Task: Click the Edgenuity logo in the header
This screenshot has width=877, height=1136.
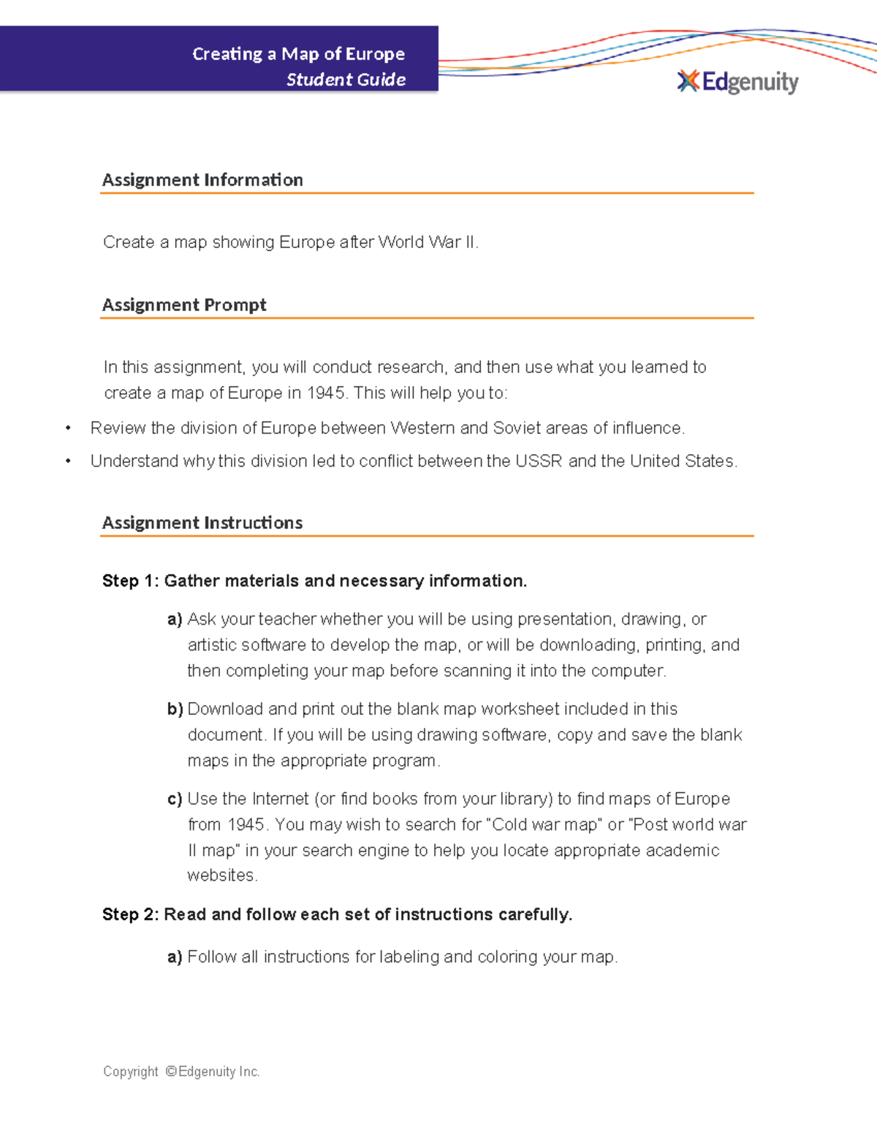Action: (738, 82)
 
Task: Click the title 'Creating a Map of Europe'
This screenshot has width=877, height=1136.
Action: (298, 54)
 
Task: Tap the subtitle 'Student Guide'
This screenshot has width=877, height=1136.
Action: (346, 80)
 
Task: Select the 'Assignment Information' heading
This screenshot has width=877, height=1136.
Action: (202, 180)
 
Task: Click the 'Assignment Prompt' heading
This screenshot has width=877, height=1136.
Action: (184, 305)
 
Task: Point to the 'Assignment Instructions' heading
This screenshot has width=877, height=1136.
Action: (202, 523)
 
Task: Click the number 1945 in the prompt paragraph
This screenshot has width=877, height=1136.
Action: (326, 393)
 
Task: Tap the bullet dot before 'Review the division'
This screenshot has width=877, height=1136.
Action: (68, 429)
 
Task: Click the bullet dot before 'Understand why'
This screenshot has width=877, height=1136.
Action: (68, 462)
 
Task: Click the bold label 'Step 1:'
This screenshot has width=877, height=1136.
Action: (130, 581)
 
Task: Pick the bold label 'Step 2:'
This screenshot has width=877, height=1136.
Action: (130, 914)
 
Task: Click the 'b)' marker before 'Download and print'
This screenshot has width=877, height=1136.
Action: (175, 710)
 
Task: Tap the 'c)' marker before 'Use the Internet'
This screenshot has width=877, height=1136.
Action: (175, 800)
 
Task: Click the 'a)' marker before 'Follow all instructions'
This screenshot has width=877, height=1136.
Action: (175, 957)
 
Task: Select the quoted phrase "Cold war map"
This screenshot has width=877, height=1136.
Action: (544, 825)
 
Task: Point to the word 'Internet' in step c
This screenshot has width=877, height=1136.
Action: (280, 799)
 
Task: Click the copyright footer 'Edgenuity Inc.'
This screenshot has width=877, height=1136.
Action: (219, 1072)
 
